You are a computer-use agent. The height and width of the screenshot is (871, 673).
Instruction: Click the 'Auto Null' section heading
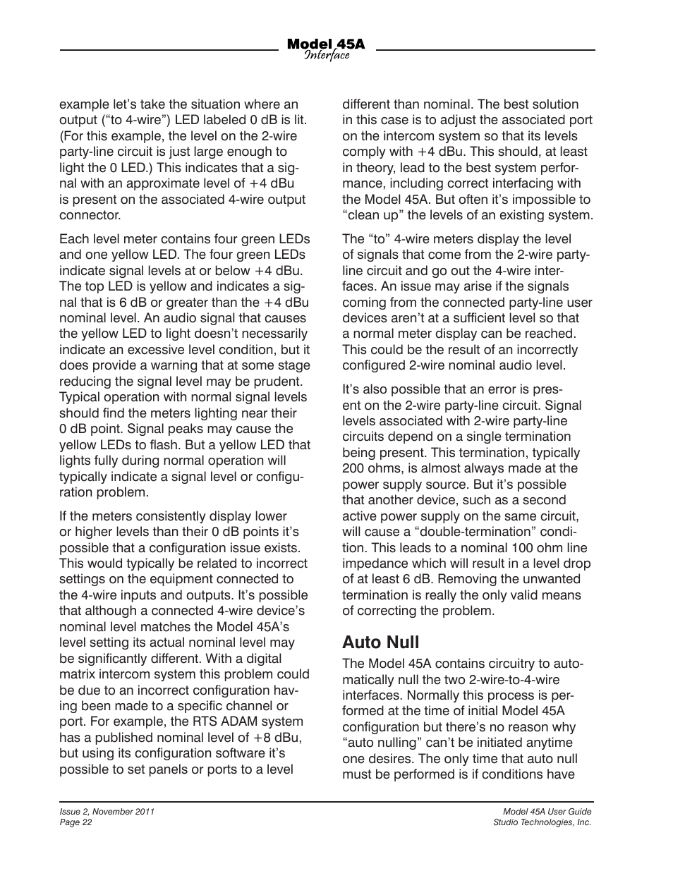click(x=380, y=642)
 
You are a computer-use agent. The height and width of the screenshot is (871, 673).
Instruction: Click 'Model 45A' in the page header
click(x=326, y=44)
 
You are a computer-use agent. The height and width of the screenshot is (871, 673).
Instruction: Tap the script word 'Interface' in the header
click(x=327, y=56)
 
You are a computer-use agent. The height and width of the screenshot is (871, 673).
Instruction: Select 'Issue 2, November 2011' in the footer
click(x=107, y=812)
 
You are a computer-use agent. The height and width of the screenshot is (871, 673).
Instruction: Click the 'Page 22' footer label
click(x=75, y=822)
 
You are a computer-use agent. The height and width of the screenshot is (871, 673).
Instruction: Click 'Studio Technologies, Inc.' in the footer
click(x=542, y=822)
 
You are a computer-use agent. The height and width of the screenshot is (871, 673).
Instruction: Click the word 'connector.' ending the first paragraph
click(x=90, y=215)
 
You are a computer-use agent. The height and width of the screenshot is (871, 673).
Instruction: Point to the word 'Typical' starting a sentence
click(x=80, y=397)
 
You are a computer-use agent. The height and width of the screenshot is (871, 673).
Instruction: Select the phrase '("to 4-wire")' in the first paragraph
click(x=135, y=120)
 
